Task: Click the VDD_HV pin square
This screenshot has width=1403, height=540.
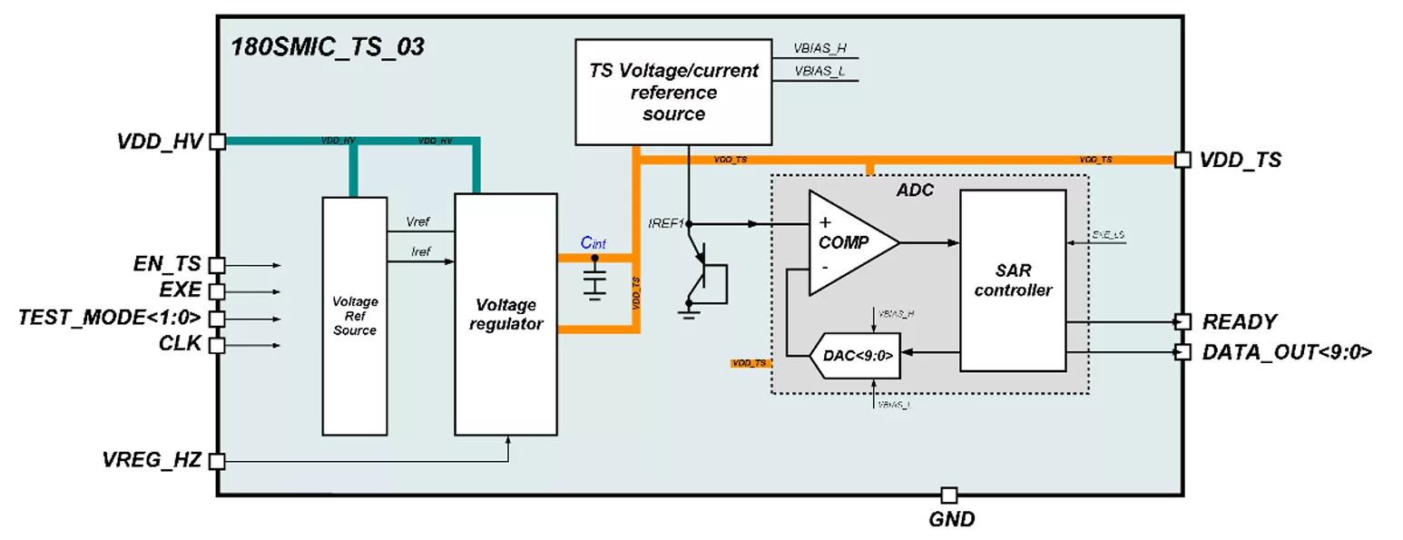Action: (217, 142)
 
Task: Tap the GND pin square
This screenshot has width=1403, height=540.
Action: (948, 496)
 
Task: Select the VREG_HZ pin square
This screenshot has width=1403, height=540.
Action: (217, 461)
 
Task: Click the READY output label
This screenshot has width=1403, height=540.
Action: (1240, 321)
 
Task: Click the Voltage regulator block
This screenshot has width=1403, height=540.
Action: (505, 314)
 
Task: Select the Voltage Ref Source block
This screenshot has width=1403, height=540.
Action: (355, 315)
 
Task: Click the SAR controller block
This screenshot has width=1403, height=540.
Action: (1012, 280)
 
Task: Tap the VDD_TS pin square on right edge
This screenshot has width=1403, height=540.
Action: (1182, 160)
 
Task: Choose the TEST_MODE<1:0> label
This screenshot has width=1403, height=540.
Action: (109, 319)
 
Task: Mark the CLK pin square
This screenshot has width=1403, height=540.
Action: (217, 345)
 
